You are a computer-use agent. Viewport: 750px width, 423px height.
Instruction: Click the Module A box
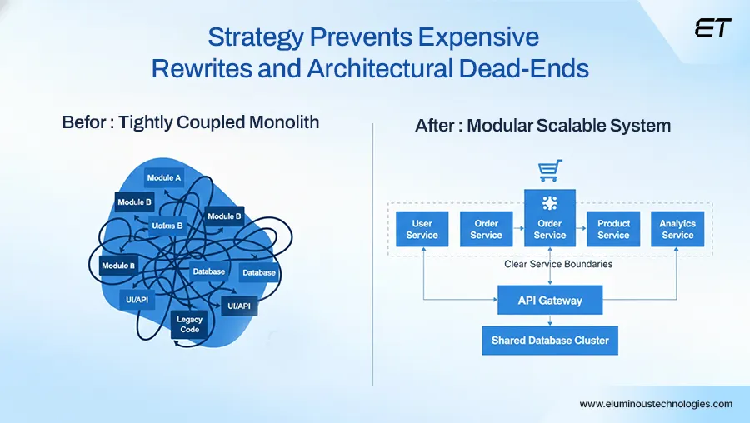(x=164, y=177)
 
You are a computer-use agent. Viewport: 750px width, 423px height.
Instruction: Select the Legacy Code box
(x=190, y=324)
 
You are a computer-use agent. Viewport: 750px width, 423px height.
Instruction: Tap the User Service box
(x=422, y=229)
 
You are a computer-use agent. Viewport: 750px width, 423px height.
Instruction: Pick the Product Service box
(x=613, y=229)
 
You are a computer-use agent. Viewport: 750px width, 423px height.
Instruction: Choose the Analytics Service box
(x=677, y=229)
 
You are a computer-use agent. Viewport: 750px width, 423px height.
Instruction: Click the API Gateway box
(x=550, y=301)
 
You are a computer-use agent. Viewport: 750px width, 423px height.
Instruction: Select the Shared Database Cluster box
(x=550, y=341)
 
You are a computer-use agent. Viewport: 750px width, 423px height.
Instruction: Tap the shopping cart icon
(x=549, y=172)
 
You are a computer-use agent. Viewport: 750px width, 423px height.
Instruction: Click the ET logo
(x=712, y=28)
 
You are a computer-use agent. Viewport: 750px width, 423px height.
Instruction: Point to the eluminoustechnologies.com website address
(x=656, y=404)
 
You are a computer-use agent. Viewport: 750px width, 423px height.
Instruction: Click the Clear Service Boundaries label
(x=558, y=264)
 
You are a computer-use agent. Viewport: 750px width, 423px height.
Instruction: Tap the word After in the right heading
(x=434, y=127)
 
